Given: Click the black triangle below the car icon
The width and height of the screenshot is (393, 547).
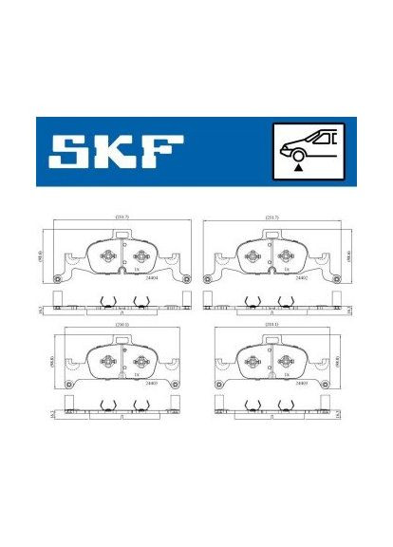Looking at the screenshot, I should point(299,166).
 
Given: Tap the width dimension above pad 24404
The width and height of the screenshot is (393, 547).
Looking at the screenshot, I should point(122,217).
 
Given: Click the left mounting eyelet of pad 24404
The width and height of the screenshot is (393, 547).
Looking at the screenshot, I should point(58,278).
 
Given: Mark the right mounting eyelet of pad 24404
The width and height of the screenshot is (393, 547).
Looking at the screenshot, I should point(186,278).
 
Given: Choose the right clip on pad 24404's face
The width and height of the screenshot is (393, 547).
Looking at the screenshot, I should point(140,256).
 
